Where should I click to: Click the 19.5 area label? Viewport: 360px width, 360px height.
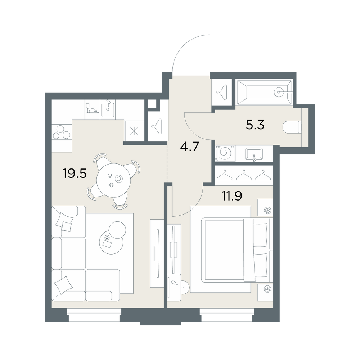pyautogui.click(x=75, y=174)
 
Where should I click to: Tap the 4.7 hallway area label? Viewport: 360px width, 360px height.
pyautogui.click(x=189, y=147)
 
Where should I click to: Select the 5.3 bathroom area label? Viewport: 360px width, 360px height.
pyautogui.click(x=255, y=125)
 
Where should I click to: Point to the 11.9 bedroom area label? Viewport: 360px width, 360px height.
pyautogui.click(x=231, y=196)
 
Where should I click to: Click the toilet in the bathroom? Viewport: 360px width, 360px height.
pyautogui.click(x=292, y=127)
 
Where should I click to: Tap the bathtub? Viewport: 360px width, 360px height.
pyautogui.click(x=264, y=92)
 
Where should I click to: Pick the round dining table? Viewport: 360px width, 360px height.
pyautogui.click(x=114, y=180)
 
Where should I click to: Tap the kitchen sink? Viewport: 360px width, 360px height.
pyautogui.click(x=108, y=109)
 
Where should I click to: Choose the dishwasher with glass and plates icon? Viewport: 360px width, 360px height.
pyautogui.click(x=92, y=109)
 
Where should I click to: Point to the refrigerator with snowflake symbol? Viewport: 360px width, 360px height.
pyautogui.click(x=134, y=131)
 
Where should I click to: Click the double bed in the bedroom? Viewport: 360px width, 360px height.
pyautogui.click(x=231, y=249)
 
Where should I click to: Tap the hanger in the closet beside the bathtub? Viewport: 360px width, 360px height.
pyautogui.click(x=222, y=92)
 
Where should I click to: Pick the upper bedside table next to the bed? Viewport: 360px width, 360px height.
pyautogui.click(x=265, y=208)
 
